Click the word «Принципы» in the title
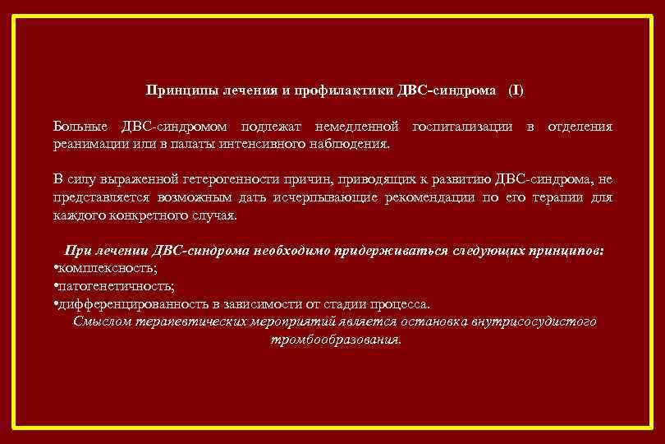tap(174, 89)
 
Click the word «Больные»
tap(81, 127)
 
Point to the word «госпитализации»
tap(464, 127)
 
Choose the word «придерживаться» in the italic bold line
tap(393, 251)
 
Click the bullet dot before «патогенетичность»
tap(54, 286)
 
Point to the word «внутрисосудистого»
tap(534, 321)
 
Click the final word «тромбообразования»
tap(336, 339)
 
